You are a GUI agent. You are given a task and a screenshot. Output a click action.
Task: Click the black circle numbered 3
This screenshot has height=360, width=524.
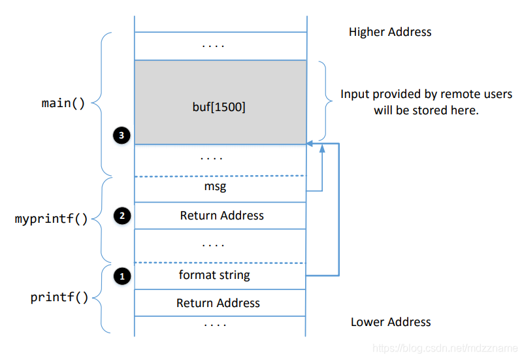click(x=121, y=135)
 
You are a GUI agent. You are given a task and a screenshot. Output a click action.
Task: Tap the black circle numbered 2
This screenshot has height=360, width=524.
click(x=121, y=215)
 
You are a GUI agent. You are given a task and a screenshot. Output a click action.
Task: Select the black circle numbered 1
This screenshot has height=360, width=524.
click(x=121, y=276)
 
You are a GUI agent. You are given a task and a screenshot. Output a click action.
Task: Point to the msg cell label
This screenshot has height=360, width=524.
click(x=221, y=188)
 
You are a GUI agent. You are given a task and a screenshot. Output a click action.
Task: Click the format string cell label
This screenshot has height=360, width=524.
click(x=214, y=275)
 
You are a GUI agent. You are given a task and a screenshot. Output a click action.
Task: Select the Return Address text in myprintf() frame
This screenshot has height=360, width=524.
click(x=222, y=216)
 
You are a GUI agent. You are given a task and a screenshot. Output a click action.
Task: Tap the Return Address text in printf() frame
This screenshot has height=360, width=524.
click(x=218, y=303)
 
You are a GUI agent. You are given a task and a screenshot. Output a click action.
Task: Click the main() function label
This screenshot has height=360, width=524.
click(x=63, y=103)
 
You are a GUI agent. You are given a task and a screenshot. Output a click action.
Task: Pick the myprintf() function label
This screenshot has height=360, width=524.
click(x=51, y=219)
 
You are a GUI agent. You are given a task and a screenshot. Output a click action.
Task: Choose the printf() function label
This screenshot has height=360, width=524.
click(x=59, y=298)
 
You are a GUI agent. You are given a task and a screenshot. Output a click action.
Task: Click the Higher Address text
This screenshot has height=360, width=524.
click(x=390, y=32)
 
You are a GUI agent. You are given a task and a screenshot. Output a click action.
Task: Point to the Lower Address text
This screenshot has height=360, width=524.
click(x=391, y=322)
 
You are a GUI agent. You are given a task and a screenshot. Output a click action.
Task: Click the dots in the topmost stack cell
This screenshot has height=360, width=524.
click(x=213, y=46)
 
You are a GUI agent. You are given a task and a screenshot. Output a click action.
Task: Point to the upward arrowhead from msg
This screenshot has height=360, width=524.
click(x=322, y=149)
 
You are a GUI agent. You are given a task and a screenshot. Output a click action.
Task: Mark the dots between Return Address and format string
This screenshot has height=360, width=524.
click(x=213, y=245)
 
